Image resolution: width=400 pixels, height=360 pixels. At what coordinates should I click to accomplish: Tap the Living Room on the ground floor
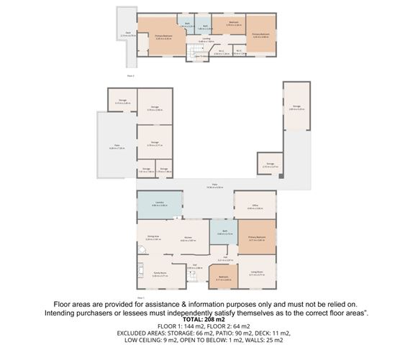pyautogui.click(x=256, y=272)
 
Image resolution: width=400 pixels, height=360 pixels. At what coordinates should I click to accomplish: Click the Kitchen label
pyautogui.click(x=188, y=239)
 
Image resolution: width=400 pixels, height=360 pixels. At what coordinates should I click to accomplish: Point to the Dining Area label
pyautogui.click(x=153, y=238)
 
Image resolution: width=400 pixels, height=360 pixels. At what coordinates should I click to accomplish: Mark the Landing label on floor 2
pyautogui.click(x=206, y=40)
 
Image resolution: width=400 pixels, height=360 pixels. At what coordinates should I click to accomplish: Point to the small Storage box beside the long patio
pyautogui.click(x=269, y=165)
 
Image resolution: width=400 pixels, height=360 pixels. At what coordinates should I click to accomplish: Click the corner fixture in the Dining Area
pyautogui.click(x=142, y=250)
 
